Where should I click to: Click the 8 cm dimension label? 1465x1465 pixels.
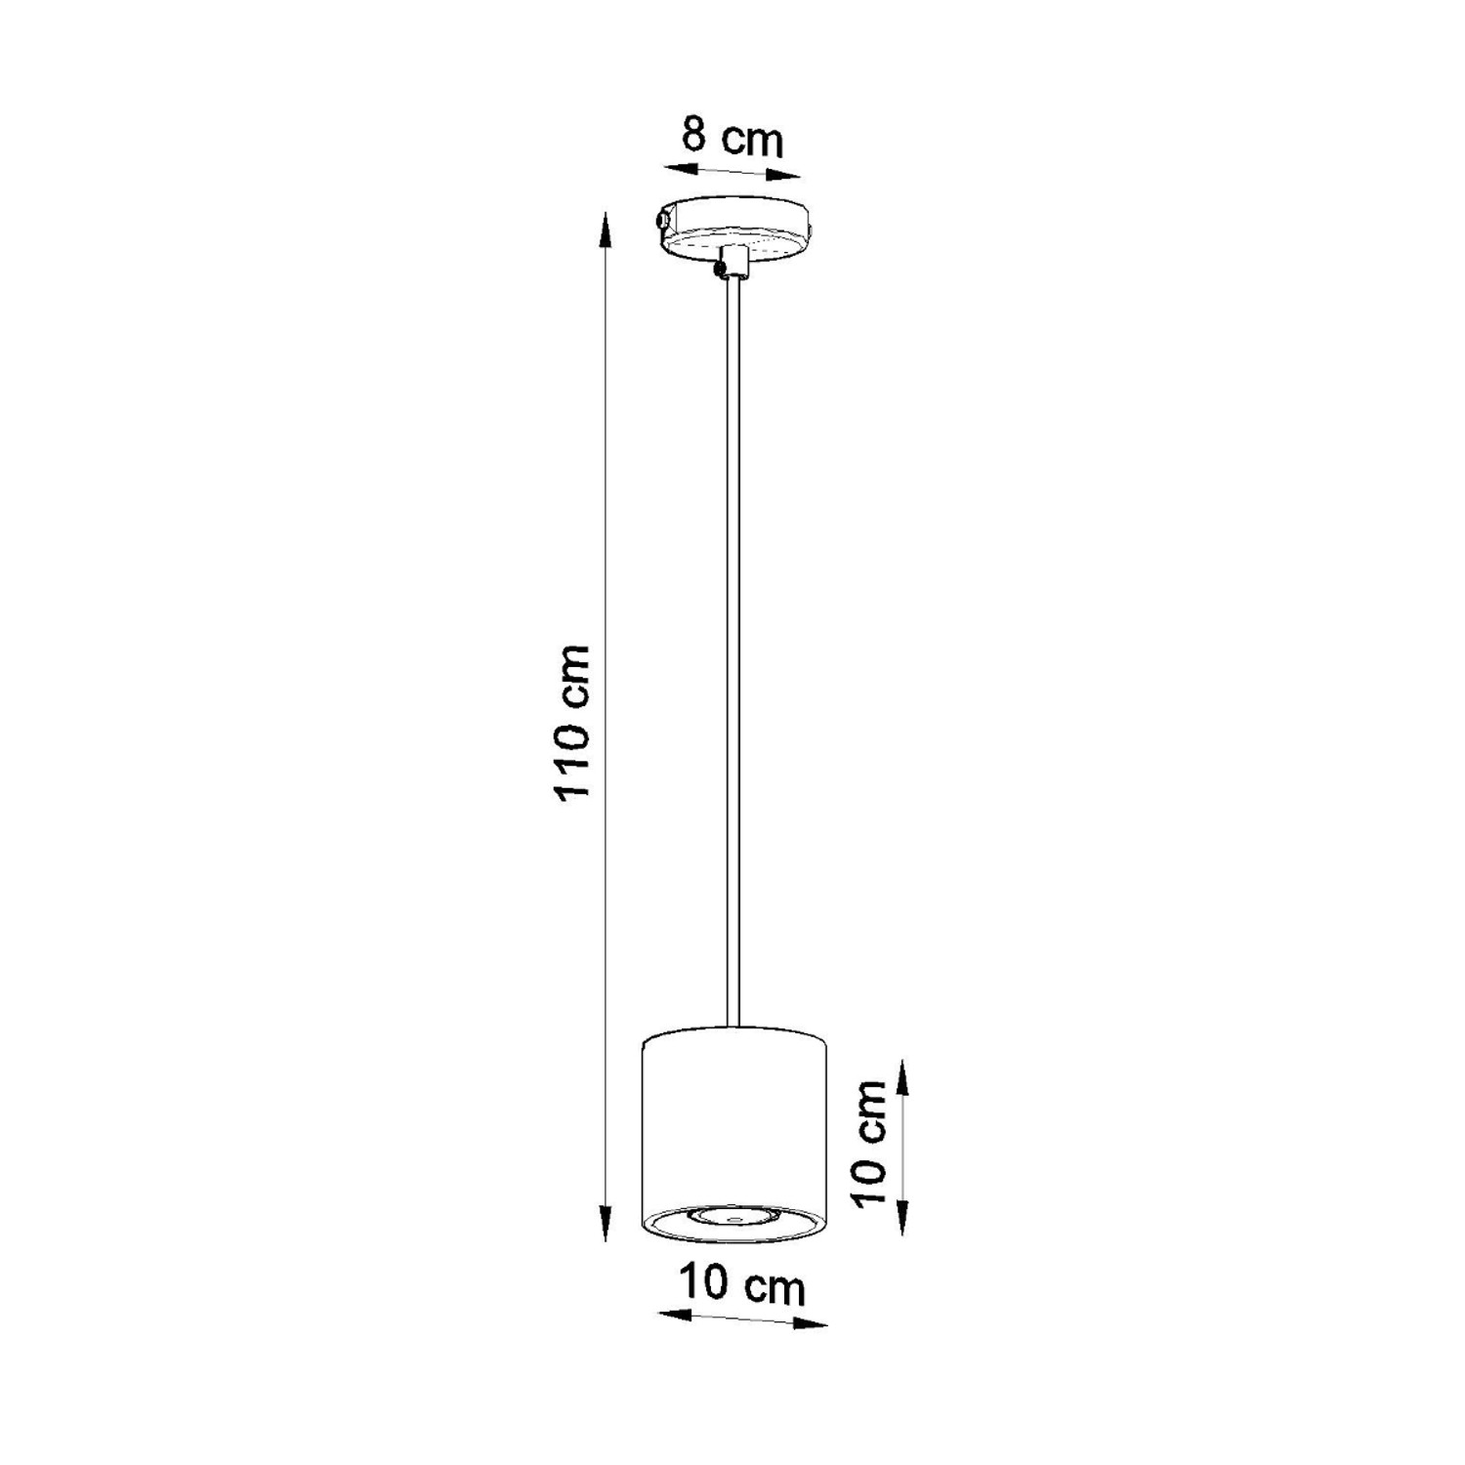tap(732, 138)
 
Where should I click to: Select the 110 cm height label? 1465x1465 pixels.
tap(572, 722)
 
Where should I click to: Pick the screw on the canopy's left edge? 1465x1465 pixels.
tap(663, 220)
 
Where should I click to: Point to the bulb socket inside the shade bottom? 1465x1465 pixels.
tap(732, 1217)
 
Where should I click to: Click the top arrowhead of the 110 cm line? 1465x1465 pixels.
tap(606, 230)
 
